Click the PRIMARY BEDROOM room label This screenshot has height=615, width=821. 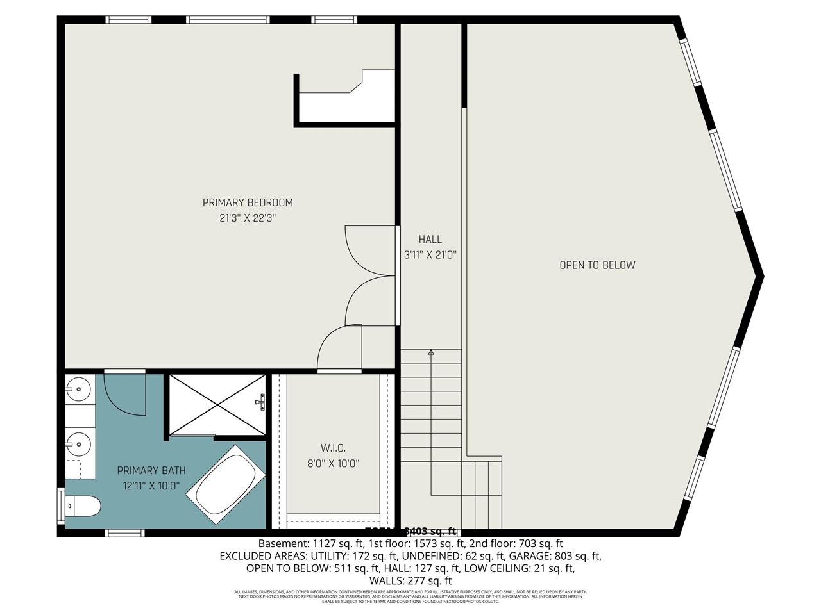[x=248, y=202]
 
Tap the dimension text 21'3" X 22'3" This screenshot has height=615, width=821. [x=248, y=218]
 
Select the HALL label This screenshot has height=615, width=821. [x=430, y=240]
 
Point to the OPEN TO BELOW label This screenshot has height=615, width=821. [x=597, y=265]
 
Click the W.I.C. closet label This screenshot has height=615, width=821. [x=333, y=448]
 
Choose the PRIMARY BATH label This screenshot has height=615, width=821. [x=151, y=471]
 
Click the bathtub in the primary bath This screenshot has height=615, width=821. [x=225, y=485]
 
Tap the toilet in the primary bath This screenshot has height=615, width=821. [x=83, y=506]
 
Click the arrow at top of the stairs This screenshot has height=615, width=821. [x=431, y=352]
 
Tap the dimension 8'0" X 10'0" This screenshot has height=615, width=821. [x=333, y=464]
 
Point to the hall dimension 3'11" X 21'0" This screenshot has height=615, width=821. [x=430, y=255]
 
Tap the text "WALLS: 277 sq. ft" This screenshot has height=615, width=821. [x=410, y=580]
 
